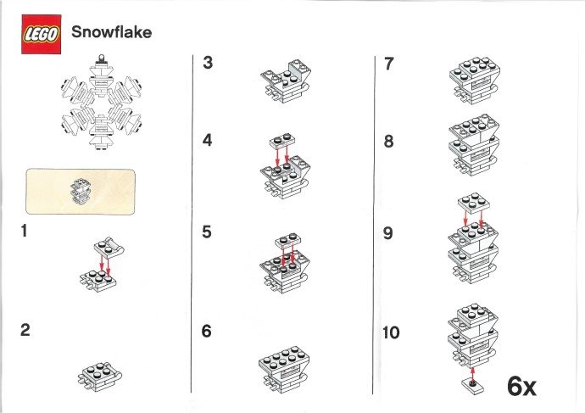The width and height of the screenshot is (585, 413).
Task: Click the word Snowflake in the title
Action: (112, 33)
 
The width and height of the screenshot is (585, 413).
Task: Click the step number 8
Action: (388, 142)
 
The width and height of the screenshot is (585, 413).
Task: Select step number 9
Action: (388, 232)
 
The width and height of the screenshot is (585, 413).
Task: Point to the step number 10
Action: (390, 332)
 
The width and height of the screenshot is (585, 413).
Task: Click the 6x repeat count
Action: (522, 386)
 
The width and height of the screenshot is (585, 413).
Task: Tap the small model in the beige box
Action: (82, 189)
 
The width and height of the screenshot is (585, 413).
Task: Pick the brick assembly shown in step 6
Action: (283, 366)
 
